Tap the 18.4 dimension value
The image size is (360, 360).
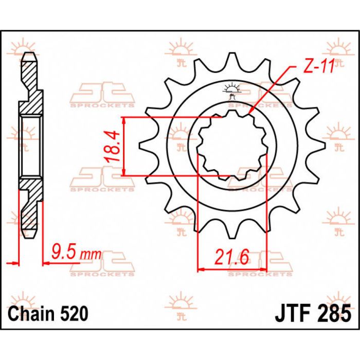click(x=114, y=147)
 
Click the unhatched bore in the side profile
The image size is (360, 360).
click(x=31, y=147)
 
